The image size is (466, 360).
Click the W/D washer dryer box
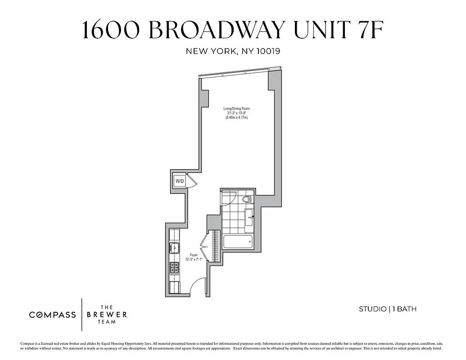pos(180,181)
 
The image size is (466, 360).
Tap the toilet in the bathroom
pos(247,199)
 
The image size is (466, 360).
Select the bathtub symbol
pos(238,241)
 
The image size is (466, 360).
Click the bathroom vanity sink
pos(249,217)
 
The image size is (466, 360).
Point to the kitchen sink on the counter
pos(174,247)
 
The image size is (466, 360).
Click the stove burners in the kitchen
pos(174,268)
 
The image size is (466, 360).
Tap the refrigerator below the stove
pos(174,287)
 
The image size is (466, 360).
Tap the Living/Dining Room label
pos(237,108)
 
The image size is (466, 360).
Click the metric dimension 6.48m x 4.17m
pos(237,117)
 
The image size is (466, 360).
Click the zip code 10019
pos(268,51)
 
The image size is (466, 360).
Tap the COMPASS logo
pos(53,315)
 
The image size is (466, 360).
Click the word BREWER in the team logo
pos(107,315)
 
